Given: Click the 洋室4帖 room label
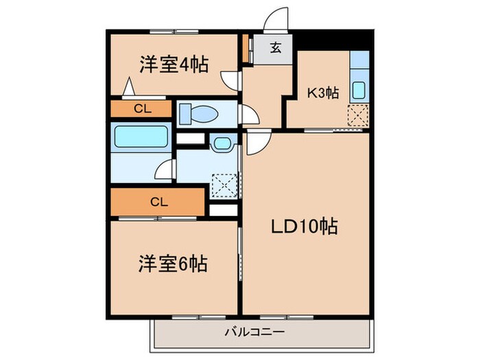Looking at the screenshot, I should pyautogui.click(x=175, y=64).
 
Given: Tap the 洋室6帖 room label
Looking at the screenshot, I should pyautogui.click(x=174, y=263).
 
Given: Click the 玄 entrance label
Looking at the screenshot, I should pyautogui.click(x=274, y=48).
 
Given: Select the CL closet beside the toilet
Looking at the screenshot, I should pyautogui.click(x=142, y=108).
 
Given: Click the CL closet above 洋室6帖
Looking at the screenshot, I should pyautogui.click(x=158, y=202).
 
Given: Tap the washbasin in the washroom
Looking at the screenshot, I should pyautogui.click(x=221, y=144).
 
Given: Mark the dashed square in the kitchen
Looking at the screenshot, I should pyautogui.click(x=358, y=117).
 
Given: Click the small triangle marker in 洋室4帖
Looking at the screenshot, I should pyautogui.click(x=128, y=88).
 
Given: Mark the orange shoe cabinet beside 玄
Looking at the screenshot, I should pyautogui.click(x=245, y=48).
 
